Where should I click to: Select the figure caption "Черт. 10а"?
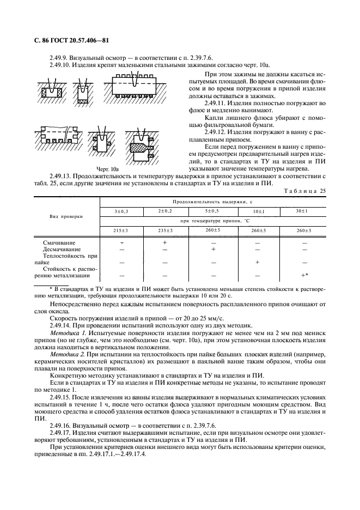[x=107, y=169]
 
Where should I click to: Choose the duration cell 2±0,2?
[x=164, y=210]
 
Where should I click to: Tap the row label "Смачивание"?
[x=60, y=242]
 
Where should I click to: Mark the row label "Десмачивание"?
[x=62, y=249]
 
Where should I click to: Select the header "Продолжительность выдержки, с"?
[x=213, y=201]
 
